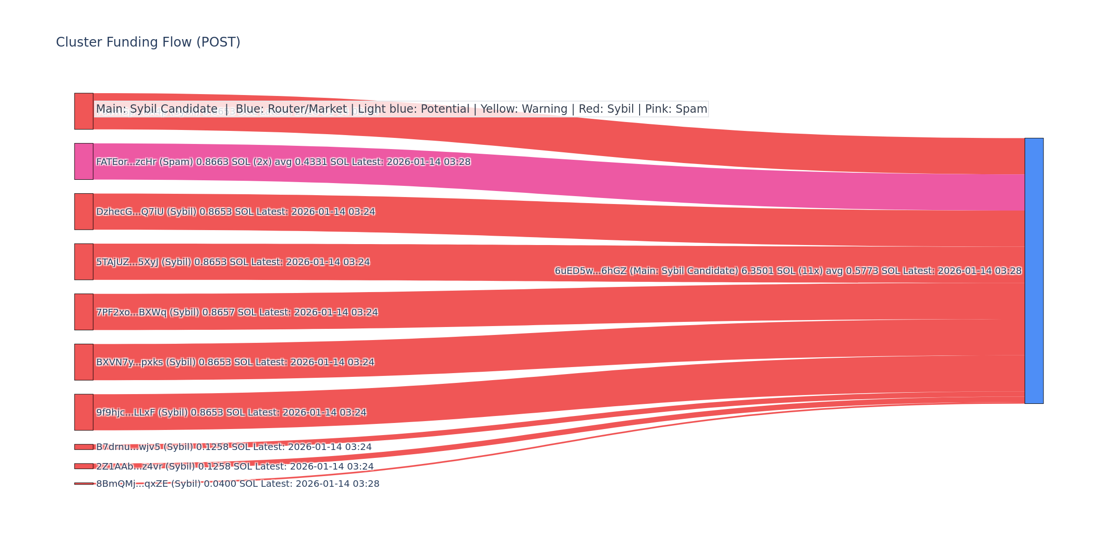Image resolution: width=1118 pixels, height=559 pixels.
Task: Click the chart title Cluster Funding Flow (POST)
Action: [148, 42]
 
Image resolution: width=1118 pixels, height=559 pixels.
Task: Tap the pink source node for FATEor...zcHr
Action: [84, 161]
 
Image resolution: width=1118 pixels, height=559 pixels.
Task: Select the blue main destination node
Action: [1034, 271]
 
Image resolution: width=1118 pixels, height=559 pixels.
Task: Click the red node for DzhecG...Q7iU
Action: [84, 211]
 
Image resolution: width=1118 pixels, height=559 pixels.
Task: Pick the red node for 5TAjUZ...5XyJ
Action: [84, 262]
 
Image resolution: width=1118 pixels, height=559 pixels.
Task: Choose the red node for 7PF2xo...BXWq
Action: [84, 312]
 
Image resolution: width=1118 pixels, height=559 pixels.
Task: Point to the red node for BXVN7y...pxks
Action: [84, 362]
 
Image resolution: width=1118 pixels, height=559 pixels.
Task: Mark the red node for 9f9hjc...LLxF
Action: [84, 412]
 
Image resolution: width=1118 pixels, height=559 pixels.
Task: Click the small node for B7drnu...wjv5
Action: [84, 447]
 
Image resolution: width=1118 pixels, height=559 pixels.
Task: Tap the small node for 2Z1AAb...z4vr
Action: [84, 466]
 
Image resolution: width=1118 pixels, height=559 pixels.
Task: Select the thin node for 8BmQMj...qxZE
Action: [84, 484]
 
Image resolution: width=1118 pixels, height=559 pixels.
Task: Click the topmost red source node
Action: [84, 111]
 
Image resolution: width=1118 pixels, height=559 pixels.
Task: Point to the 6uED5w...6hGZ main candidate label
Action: [788, 271]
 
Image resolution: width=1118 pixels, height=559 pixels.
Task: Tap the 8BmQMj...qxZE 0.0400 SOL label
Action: [238, 484]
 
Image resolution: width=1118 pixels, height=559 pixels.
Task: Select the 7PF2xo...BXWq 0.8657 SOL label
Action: [237, 313]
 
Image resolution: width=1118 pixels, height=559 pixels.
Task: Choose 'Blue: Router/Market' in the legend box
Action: [291, 109]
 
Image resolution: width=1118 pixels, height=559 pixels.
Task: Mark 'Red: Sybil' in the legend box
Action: [606, 109]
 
